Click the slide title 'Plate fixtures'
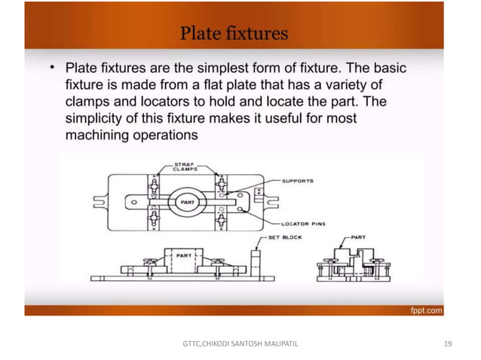[x=233, y=33]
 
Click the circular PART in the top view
[x=186, y=203]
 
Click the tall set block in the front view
[x=256, y=261]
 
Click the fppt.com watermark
[x=426, y=310]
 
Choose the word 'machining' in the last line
[x=97, y=136]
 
